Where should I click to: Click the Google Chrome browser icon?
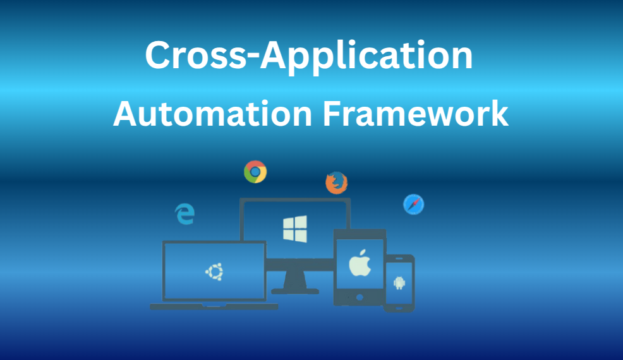255,171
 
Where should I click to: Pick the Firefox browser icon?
336,183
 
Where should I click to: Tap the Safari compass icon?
413,204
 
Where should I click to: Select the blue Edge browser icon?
184,214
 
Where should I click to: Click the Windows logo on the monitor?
295,229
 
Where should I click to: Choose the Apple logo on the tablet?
359,262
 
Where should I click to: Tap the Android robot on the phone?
399,282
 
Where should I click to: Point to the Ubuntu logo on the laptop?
214,272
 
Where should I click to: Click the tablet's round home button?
360,297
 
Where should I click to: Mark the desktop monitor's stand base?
294,291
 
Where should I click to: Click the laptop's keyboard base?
214,307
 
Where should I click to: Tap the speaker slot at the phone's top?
399,258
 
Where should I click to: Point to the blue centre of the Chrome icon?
255,171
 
